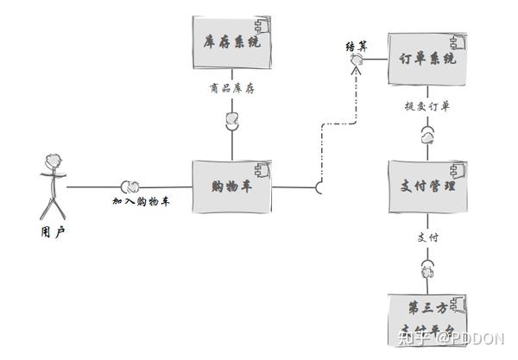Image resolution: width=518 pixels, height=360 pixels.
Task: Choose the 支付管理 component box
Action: (x=429, y=186)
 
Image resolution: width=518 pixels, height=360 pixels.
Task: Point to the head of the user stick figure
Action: (x=53, y=161)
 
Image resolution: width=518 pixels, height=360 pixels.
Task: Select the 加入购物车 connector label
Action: (x=141, y=201)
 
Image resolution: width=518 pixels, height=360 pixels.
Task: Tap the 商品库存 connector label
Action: (x=231, y=87)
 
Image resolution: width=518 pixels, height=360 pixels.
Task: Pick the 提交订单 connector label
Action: (x=427, y=106)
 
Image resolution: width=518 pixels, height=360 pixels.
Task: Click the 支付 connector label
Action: (x=427, y=237)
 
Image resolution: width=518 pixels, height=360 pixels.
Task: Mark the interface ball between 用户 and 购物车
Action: (x=131, y=186)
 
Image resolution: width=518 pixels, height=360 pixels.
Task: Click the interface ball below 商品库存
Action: (x=231, y=119)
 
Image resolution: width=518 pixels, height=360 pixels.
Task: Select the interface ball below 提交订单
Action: (x=428, y=136)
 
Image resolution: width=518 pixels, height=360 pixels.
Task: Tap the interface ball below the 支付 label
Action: (x=427, y=268)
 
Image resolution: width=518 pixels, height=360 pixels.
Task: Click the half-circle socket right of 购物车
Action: (x=320, y=186)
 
